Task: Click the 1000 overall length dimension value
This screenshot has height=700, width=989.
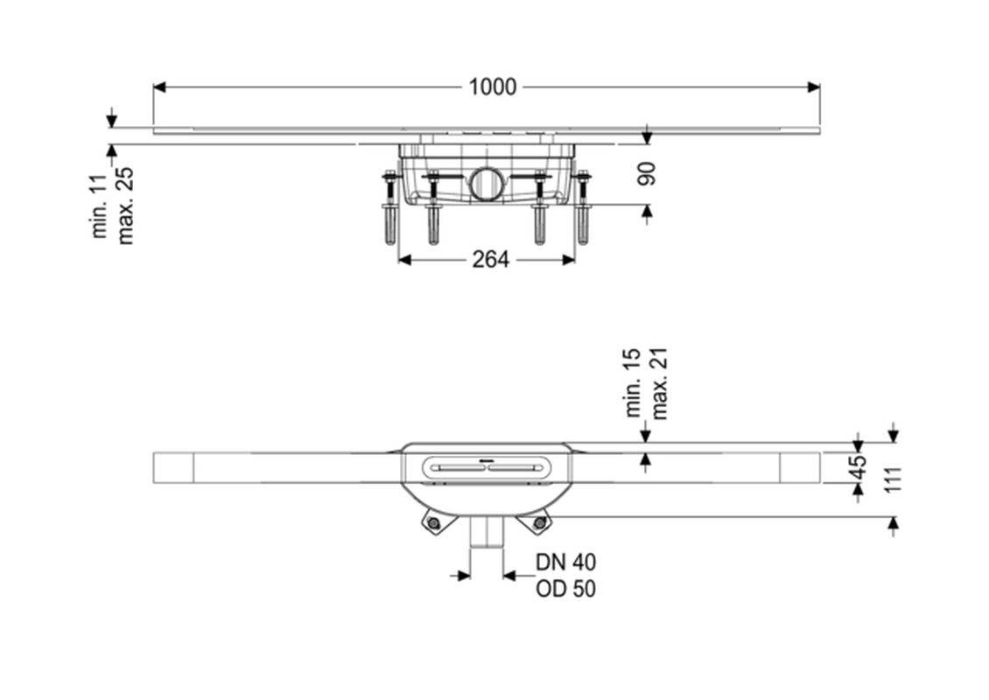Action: (492, 87)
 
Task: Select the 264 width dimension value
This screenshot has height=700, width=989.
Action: (490, 259)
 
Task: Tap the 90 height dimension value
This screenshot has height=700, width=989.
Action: (647, 174)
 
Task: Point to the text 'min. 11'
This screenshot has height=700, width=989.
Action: (101, 206)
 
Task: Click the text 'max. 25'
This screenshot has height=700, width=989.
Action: (125, 206)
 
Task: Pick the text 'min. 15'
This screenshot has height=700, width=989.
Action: (634, 382)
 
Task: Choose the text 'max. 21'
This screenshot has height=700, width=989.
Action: (659, 383)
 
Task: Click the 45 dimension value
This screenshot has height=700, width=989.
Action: (859, 467)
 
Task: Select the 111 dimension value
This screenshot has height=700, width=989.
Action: (893, 479)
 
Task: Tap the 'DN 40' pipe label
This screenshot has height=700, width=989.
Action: (565, 561)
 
